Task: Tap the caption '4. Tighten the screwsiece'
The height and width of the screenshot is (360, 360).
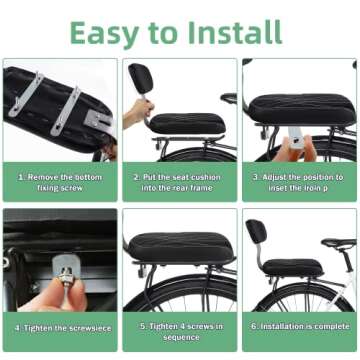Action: [59, 327]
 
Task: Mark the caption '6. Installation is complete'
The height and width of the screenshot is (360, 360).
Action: [299, 327]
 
